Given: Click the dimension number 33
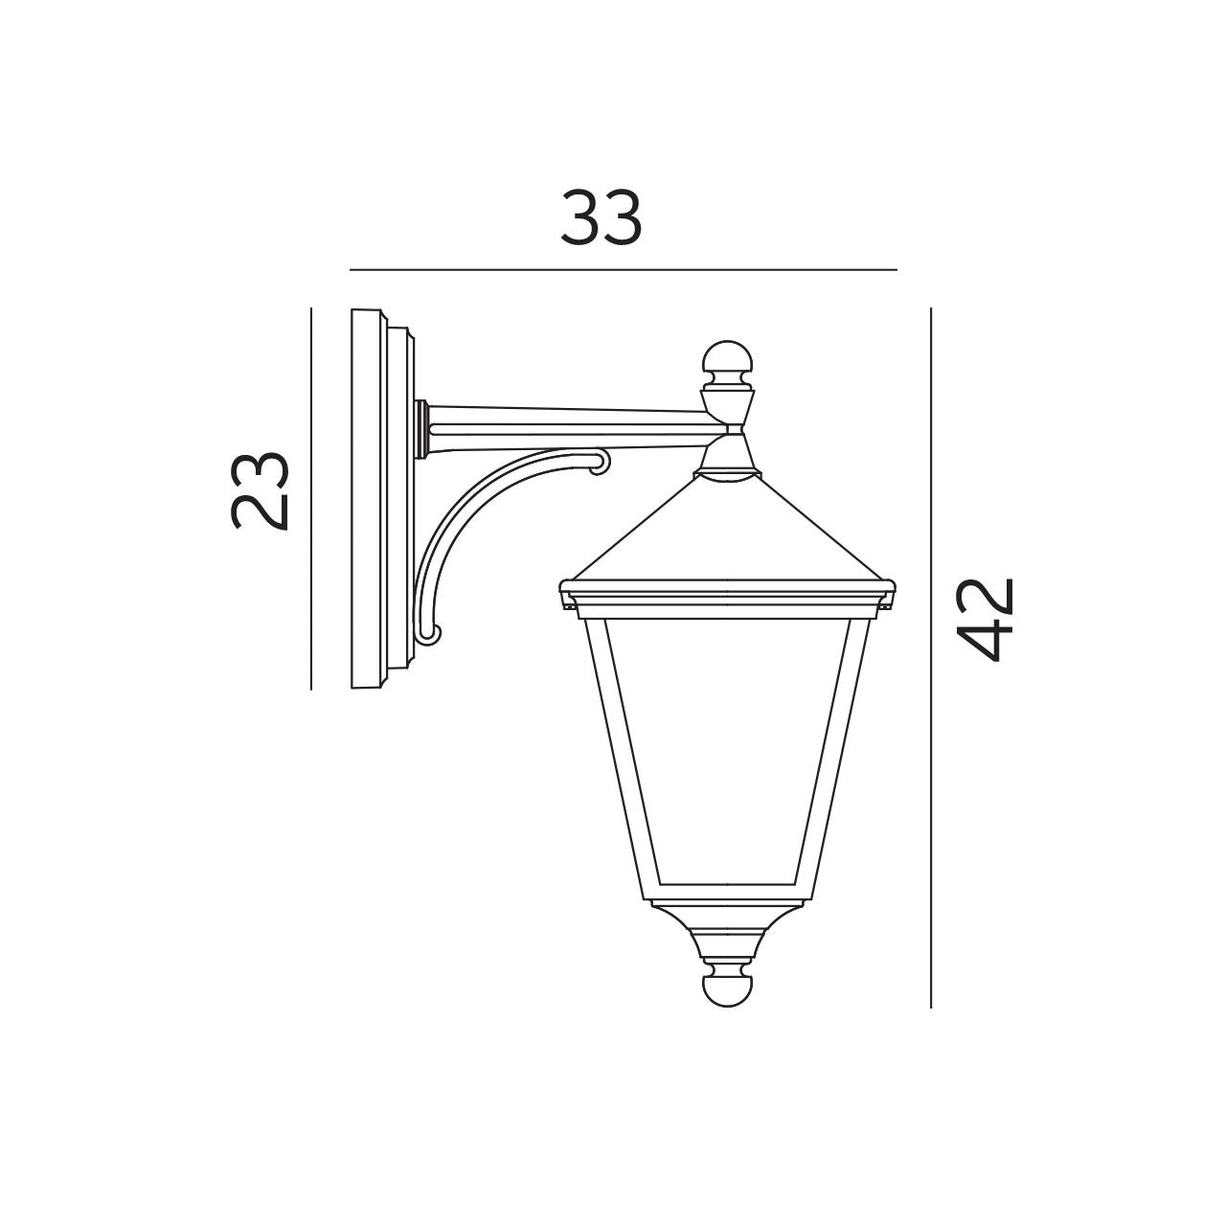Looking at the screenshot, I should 601,218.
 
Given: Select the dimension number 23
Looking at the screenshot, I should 260,489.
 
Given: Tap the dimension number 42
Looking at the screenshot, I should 986,620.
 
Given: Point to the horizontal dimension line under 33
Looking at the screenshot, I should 623,270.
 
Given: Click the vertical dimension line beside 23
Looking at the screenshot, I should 311,498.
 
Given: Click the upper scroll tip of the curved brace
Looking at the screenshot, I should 600,465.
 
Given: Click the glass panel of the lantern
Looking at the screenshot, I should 727,747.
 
